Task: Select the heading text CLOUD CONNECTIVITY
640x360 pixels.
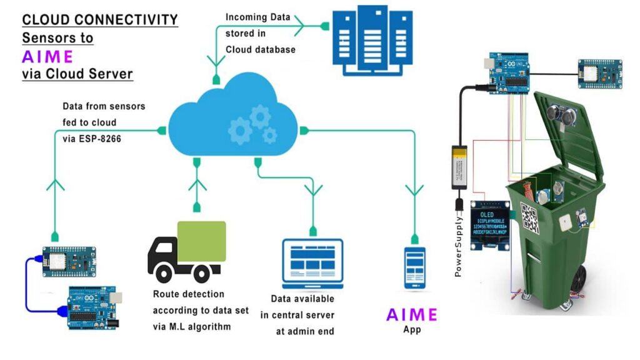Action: pos(100,20)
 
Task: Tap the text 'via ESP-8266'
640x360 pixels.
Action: pos(92,139)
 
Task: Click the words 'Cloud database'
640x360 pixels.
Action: pos(261,49)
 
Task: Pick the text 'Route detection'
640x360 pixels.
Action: pos(189,294)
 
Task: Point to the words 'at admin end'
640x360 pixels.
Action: pos(304,331)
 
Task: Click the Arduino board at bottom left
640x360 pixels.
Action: pos(92,306)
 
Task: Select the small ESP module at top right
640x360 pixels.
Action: pos(599,74)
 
